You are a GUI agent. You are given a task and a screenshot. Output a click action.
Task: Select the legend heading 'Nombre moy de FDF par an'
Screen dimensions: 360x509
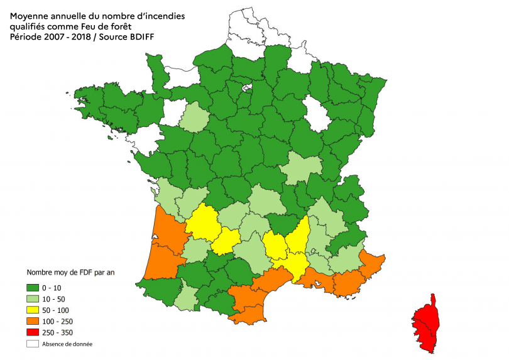(x=70, y=273)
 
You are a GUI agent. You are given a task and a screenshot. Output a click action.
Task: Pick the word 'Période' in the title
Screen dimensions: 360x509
(x=27, y=37)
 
